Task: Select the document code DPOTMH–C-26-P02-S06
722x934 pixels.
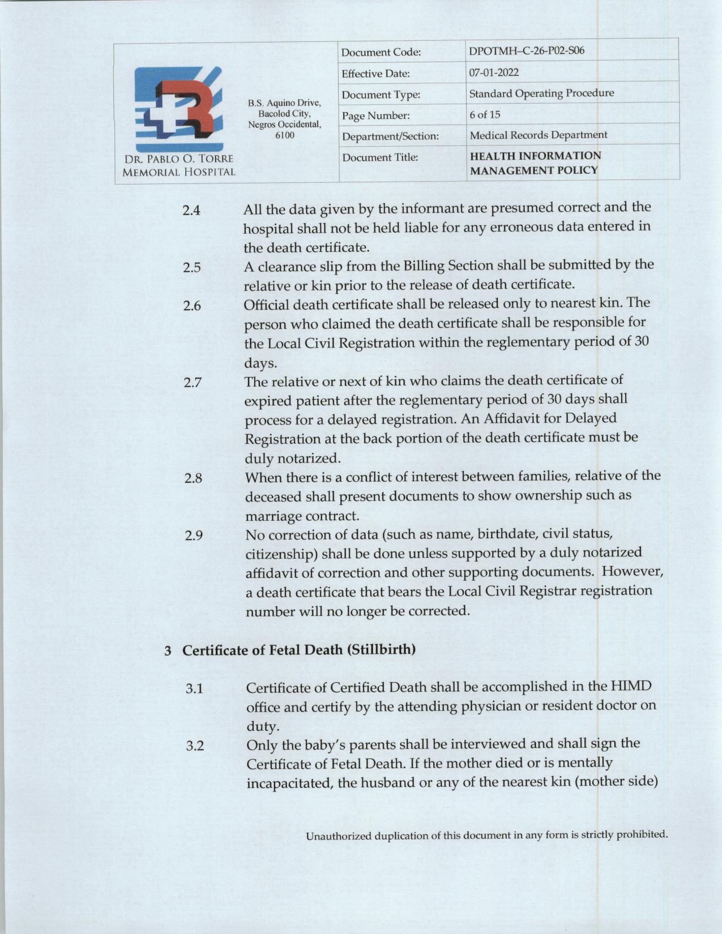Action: pos(527,52)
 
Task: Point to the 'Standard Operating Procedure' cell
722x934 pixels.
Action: pos(541,93)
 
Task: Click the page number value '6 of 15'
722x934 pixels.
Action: pos(485,114)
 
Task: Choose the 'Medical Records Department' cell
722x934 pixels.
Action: pos(538,135)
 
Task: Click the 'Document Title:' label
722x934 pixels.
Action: pos(380,157)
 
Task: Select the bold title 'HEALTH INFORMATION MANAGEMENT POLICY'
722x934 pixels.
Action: pos(535,163)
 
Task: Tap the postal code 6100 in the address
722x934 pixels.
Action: pos(284,135)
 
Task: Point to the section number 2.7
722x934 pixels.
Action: pos(193,383)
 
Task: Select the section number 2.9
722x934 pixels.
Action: pos(194,535)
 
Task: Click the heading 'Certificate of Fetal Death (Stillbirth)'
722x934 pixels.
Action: pos(299,649)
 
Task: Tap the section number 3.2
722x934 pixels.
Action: pos(195,746)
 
